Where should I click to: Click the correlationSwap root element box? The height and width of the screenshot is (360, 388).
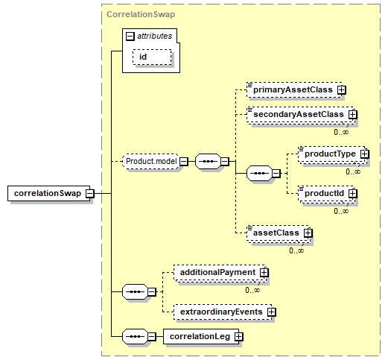[x=49, y=193]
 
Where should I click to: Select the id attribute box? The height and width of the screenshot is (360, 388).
[x=152, y=57]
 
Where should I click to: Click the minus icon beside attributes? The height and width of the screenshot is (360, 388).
[x=130, y=37]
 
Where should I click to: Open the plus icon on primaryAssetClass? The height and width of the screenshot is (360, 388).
[x=342, y=90]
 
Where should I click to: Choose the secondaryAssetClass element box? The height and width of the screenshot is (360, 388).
[x=301, y=116]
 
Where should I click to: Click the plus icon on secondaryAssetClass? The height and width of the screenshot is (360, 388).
[x=352, y=115]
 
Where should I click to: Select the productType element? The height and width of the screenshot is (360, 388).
[x=333, y=155]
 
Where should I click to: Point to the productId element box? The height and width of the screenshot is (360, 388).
[x=327, y=195]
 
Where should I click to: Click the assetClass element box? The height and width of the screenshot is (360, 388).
[x=279, y=234]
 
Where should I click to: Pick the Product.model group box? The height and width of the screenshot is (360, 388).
[x=151, y=162]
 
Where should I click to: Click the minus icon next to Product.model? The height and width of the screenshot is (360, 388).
[x=184, y=162]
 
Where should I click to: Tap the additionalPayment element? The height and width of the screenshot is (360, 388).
[x=220, y=274]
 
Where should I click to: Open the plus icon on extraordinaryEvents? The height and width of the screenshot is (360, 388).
[x=272, y=312]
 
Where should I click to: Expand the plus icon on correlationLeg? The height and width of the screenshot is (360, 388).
[x=239, y=337]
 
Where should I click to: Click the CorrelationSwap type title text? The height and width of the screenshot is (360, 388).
[x=141, y=14]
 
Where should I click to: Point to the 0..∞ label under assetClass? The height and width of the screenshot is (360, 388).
[x=296, y=250]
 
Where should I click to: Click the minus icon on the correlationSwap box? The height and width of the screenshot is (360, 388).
[x=90, y=193]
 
